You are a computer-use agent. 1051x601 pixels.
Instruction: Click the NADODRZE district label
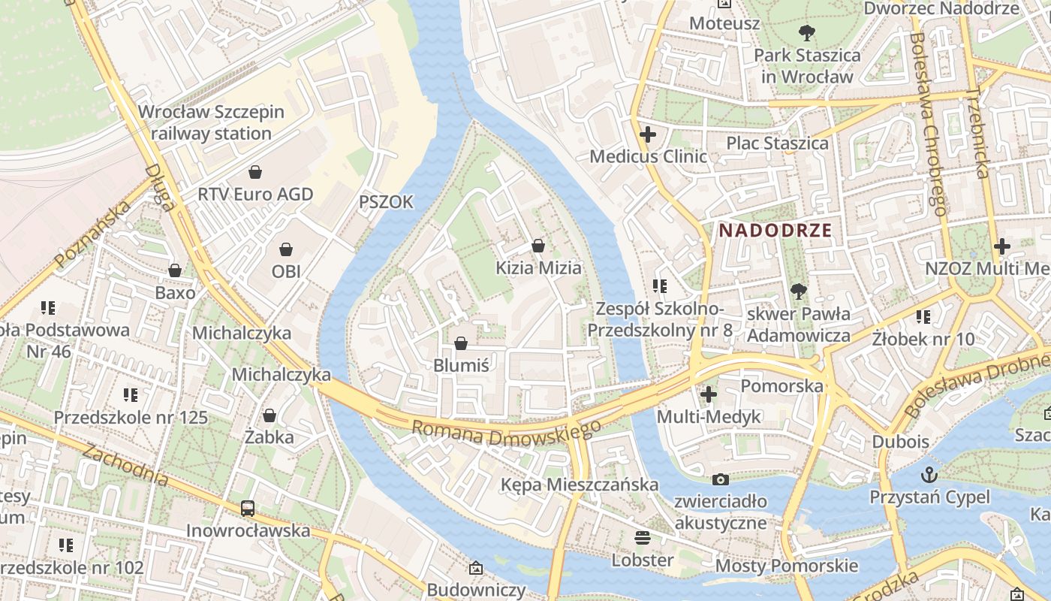[x=775, y=231]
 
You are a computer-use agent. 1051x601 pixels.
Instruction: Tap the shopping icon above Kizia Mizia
[x=538, y=246]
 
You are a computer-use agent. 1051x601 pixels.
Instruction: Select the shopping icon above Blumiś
[x=461, y=343]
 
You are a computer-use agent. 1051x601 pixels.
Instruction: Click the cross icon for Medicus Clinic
[x=647, y=134]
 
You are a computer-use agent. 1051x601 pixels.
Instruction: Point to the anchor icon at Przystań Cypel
[x=929, y=475]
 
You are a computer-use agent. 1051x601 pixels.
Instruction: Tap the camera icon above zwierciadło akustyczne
[x=720, y=479]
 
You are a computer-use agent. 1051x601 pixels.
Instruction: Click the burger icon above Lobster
[x=642, y=538]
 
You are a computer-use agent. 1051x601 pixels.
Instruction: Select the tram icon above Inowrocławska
[x=248, y=509]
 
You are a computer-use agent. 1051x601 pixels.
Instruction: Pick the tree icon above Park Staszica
[x=807, y=33]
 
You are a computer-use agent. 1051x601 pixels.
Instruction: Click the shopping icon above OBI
[x=286, y=249]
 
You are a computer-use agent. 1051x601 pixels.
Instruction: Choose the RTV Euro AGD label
[x=255, y=194]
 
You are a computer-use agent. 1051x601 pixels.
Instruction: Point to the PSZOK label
[x=386, y=202]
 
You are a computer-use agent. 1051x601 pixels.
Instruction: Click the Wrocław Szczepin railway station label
[x=211, y=123]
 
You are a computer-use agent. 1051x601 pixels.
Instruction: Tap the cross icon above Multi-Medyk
[x=709, y=394]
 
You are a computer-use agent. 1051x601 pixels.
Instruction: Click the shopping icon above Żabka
[x=270, y=415]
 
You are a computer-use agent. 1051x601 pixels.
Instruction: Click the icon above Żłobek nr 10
[x=923, y=317]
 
